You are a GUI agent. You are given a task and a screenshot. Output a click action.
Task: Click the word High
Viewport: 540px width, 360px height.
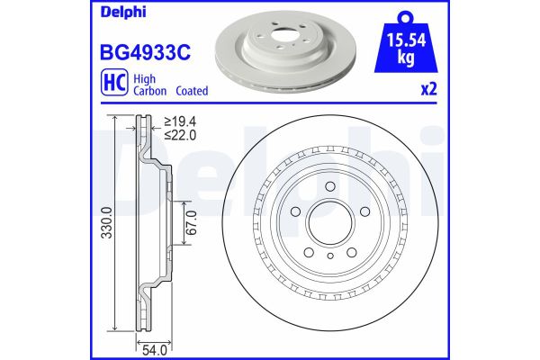click(145, 78)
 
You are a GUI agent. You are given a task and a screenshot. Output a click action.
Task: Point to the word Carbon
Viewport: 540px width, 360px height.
click(150, 91)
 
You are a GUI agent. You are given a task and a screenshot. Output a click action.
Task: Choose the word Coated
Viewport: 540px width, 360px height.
click(193, 91)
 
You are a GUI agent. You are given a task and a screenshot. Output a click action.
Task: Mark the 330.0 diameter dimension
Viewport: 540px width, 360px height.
click(107, 232)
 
